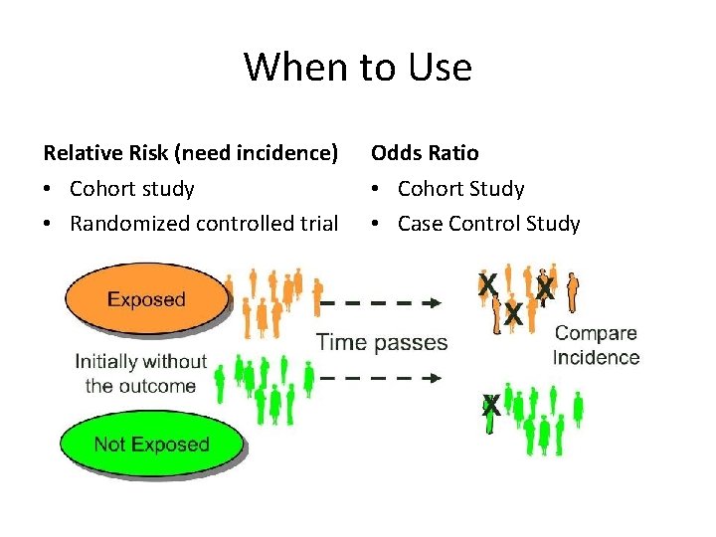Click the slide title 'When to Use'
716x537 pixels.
point(358,68)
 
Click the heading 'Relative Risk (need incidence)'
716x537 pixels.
point(191,153)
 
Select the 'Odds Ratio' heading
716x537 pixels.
point(425,153)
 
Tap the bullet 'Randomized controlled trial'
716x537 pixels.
point(204,224)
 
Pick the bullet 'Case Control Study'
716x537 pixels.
point(488,224)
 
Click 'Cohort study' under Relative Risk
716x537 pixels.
point(132,189)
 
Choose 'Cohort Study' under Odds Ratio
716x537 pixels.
point(460,189)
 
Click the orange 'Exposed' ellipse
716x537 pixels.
point(146,298)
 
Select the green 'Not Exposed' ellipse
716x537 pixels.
point(151,445)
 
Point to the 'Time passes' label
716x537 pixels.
point(382,342)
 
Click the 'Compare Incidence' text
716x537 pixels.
point(596,345)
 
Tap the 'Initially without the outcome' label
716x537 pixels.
point(140,373)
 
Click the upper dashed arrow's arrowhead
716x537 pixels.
point(435,302)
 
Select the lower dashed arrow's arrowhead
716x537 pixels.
point(435,378)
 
